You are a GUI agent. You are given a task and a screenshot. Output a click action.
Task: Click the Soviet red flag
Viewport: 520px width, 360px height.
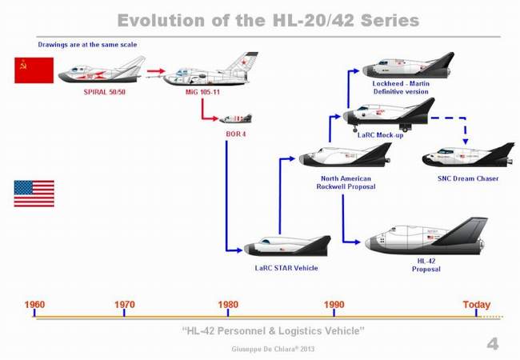(x=34, y=70)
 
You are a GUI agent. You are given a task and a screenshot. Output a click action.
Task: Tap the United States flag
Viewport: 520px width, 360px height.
(x=34, y=194)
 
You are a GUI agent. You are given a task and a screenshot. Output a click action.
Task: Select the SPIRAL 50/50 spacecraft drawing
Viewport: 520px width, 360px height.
(x=102, y=71)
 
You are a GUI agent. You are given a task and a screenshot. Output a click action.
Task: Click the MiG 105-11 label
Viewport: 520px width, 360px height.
(x=202, y=92)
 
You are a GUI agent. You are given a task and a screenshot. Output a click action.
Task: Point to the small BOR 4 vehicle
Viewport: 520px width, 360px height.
(x=236, y=118)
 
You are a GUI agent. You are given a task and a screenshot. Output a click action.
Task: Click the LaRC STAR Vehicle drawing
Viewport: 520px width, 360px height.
(x=287, y=246)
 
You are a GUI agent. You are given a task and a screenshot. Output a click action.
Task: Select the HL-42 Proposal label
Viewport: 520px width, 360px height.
(x=426, y=265)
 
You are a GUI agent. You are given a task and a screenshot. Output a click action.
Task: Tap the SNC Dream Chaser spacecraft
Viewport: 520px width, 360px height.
(x=468, y=157)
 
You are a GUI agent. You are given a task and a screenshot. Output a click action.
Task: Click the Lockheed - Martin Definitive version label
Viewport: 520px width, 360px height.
(x=401, y=87)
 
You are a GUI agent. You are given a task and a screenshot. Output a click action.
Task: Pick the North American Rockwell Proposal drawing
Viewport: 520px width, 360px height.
(x=345, y=155)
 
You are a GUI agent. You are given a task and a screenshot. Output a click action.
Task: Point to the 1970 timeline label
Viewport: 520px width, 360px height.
(x=125, y=304)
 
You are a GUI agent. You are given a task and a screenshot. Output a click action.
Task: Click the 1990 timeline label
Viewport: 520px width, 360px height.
(x=334, y=304)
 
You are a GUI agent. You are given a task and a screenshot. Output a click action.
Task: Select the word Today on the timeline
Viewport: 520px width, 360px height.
(x=477, y=304)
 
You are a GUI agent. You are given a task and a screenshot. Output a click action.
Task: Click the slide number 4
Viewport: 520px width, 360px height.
(x=493, y=344)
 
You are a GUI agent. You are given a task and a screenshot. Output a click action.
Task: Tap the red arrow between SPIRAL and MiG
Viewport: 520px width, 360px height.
(x=156, y=71)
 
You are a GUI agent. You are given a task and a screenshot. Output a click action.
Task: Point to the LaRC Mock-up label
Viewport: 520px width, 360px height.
(x=380, y=135)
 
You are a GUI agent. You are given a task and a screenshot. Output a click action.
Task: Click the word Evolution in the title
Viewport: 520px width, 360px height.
(x=161, y=20)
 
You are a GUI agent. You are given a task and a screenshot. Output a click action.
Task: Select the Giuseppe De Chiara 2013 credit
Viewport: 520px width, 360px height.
(x=273, y=349)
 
